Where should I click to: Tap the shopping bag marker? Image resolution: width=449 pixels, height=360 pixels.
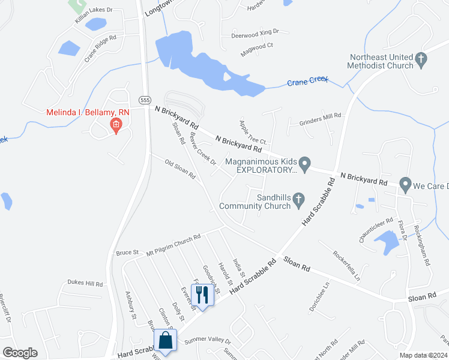point(165,340)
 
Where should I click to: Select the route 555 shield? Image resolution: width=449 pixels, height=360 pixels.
point(144,100)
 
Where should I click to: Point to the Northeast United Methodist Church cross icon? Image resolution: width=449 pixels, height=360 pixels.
point(421,59)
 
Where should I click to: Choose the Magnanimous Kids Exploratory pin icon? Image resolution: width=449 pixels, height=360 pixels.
point(305,163)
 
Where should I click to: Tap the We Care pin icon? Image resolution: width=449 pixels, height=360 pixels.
point(405,184)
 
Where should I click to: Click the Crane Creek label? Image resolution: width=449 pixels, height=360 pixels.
point(307,82)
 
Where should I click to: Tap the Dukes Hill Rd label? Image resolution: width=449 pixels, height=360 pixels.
point(85,283)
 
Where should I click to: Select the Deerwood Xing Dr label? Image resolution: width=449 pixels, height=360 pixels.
point(256,35)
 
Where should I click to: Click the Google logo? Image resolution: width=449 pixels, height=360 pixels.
point(20,353)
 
